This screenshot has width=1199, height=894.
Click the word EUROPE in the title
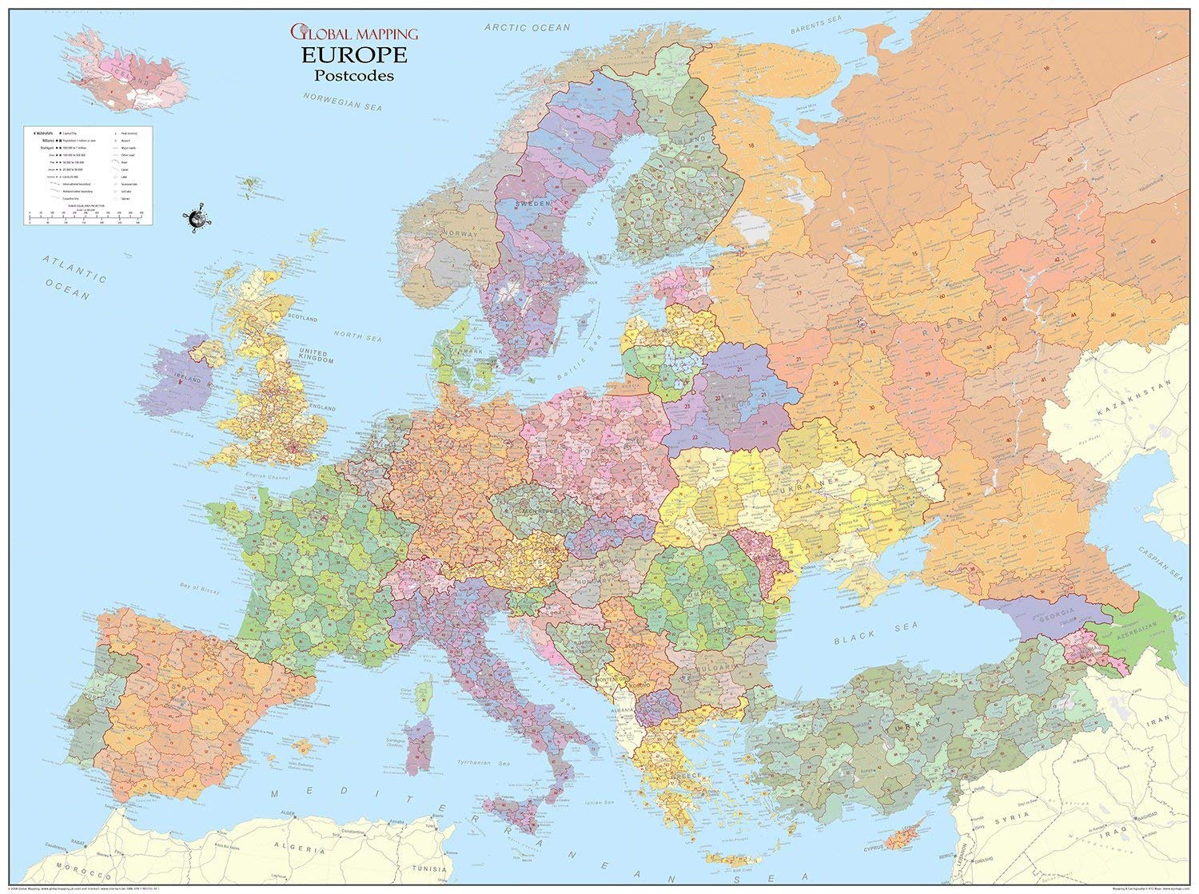353,55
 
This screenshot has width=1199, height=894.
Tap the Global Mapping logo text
353,34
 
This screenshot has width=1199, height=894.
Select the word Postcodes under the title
353,76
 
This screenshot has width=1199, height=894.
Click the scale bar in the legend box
85,214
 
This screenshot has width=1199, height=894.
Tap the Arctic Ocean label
528,28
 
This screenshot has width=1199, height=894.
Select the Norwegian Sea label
342,101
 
